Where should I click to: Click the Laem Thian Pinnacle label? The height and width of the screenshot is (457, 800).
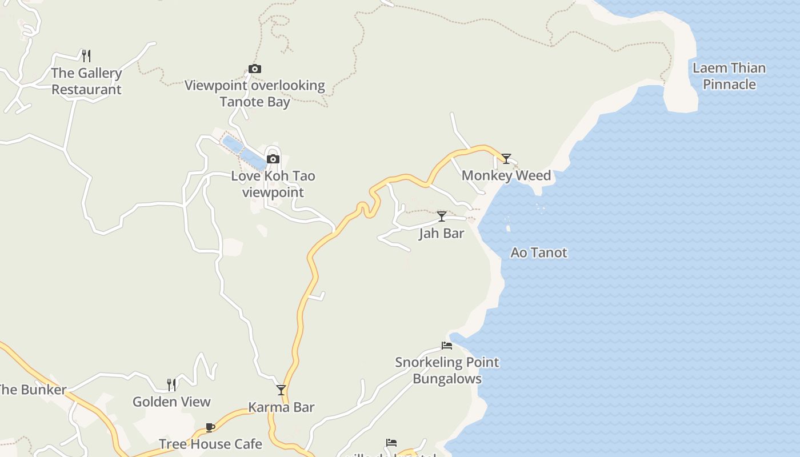pyautogui.click(x=729, y=76)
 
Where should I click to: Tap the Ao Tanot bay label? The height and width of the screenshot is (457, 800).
pyautogui.click(x=539, y=252)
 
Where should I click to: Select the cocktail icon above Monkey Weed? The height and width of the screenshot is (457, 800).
pyautogui.click(x=506, y=158)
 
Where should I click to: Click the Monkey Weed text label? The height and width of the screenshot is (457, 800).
pyautogui.click(x=506, y=175)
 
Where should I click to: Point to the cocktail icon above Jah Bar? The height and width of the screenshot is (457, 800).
pyautogui.click(x=442, y=216)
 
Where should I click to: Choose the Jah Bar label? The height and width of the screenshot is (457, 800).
pyautogui.click(x=441, y=233)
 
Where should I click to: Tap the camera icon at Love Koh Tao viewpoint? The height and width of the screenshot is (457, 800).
pyautogui.click(x=273, y=159)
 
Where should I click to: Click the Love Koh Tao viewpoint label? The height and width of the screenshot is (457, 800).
pyautogui.click(x=273, y=184)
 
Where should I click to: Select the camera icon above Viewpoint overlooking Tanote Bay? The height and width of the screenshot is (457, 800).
pyautogui.click(x=255, y=69)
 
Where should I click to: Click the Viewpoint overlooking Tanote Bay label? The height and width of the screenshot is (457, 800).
pyautogui.click(x=255, y=94)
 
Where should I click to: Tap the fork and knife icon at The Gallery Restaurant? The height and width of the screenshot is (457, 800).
pyautogui.click(x=86, y=55)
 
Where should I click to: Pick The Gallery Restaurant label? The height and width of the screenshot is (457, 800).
pyautogui.click(x=86, y=81)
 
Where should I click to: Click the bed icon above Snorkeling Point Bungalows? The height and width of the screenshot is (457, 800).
pyautogui.click(x=447, y=345)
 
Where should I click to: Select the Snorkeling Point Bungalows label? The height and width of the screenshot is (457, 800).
pyautogui.click(x=447, y=370)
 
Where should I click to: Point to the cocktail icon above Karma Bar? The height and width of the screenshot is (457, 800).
pyautogui.click(x=281, y=390)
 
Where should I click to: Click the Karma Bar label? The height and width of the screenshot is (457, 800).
pyautogui.click(x=281, y=407)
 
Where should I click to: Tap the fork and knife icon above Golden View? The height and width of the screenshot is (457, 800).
pyautogui.click(x=171, y=384)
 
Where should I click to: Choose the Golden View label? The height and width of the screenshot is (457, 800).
pyautogui.click(x=171, y=402)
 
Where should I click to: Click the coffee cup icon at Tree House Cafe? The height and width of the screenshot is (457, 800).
pyautogui.click(x=210, y=427)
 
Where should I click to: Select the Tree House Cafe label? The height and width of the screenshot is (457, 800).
pyautogui.click(x=210, y=444)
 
